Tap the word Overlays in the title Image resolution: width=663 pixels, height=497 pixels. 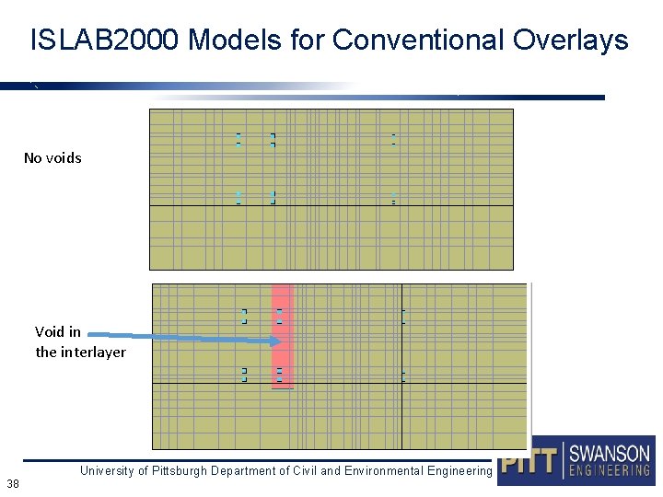coord(570,40)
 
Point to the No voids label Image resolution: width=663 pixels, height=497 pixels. coord(52,158)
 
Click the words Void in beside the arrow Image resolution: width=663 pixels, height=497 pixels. coord(58,331)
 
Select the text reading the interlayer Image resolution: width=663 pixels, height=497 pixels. coord(80,353)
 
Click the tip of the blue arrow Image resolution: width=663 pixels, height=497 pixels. coord(277,341)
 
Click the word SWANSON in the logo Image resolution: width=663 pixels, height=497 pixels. coord(609,454)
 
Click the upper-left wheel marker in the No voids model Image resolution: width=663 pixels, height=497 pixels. coord(238,140)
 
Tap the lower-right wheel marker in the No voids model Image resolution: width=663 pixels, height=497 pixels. coord(393,197)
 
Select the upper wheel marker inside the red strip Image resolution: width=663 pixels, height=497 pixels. coord(279,317)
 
